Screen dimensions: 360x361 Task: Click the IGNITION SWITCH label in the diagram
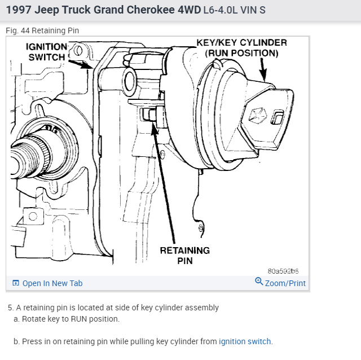[47, 52]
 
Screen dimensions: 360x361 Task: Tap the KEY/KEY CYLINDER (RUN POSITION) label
[241, 47]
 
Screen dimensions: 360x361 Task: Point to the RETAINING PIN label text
[184, 255]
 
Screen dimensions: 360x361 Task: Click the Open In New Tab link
[52, 283]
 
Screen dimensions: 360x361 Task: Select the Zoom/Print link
[285, 283]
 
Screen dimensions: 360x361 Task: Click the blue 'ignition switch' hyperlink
[245, 341]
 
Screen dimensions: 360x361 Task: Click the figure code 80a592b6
[283, 271]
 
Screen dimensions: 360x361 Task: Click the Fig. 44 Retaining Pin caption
[42, 30]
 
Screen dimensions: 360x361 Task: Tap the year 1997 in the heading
[19, 10]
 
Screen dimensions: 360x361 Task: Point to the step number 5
[10, 308]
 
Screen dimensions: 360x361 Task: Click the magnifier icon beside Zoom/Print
[259, 282]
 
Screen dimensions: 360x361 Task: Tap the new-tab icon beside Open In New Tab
[16, 283]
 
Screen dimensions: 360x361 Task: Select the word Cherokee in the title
[152, 10]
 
